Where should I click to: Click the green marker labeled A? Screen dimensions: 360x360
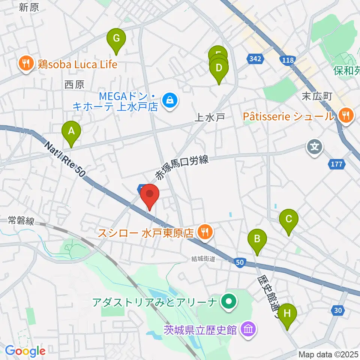coord(71,132)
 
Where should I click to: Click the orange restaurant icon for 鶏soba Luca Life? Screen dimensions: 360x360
coord(26,64)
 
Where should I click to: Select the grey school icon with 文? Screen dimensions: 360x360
coord(315,146)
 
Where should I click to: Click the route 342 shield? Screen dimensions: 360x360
coord(256,58)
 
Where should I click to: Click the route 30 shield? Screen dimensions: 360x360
coord(337,309)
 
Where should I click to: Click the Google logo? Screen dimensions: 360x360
coord(25,351)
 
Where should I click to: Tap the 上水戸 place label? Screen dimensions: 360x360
coord(209,117)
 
